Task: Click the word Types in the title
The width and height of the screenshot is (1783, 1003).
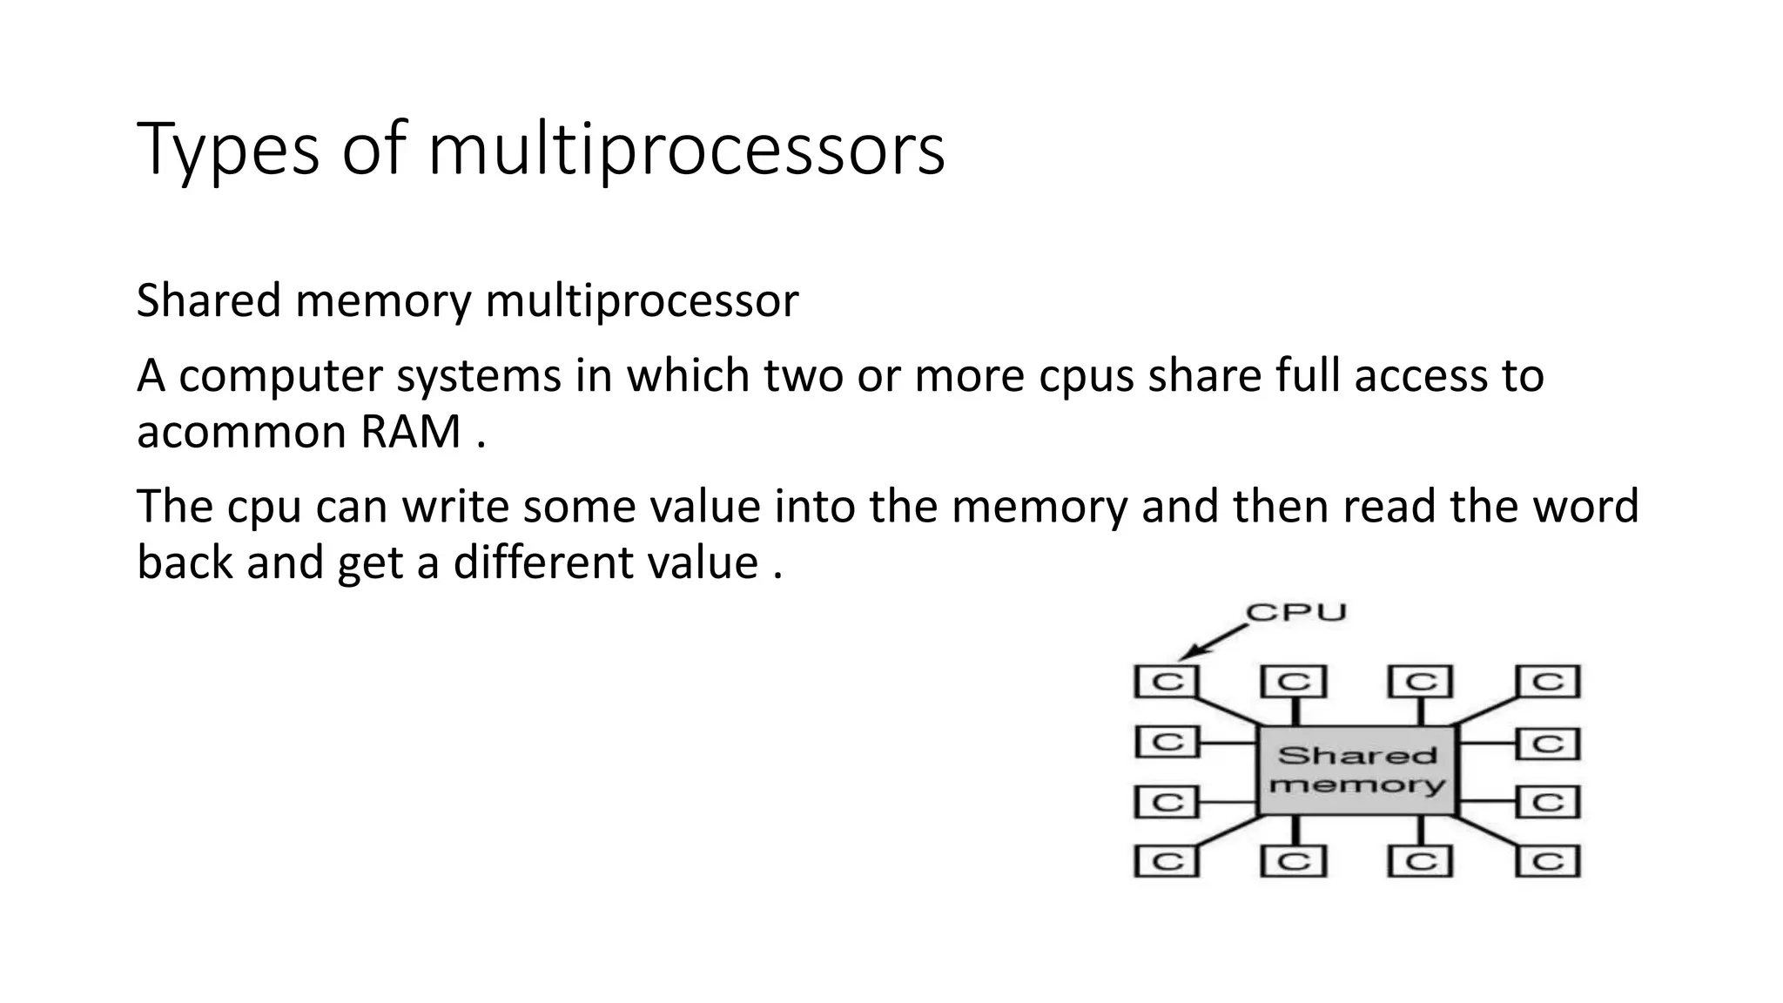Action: pos(228,150)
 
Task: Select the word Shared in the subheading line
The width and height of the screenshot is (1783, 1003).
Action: pos(209,300)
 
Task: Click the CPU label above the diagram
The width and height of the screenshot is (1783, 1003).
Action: pos(1296,612)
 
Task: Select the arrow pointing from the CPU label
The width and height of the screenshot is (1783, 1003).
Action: pos(1212,642)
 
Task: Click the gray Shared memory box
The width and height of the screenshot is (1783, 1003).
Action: pos(1356,770)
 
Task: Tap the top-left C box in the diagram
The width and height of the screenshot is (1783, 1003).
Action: pos(1167,681)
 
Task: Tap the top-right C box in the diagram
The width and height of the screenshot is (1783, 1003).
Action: pos(1548,681)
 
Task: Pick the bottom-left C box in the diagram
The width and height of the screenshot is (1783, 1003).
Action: pos(1167,861)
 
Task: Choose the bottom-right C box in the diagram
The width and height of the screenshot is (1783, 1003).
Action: pos(1548,861)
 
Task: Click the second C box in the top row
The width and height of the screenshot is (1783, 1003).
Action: pos(1294,681)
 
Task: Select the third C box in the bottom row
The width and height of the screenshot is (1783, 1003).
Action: pos(1421,861)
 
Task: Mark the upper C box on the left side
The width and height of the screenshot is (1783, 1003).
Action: pos(1167,743)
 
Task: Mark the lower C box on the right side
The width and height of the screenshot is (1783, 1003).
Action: pos(1548,801)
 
